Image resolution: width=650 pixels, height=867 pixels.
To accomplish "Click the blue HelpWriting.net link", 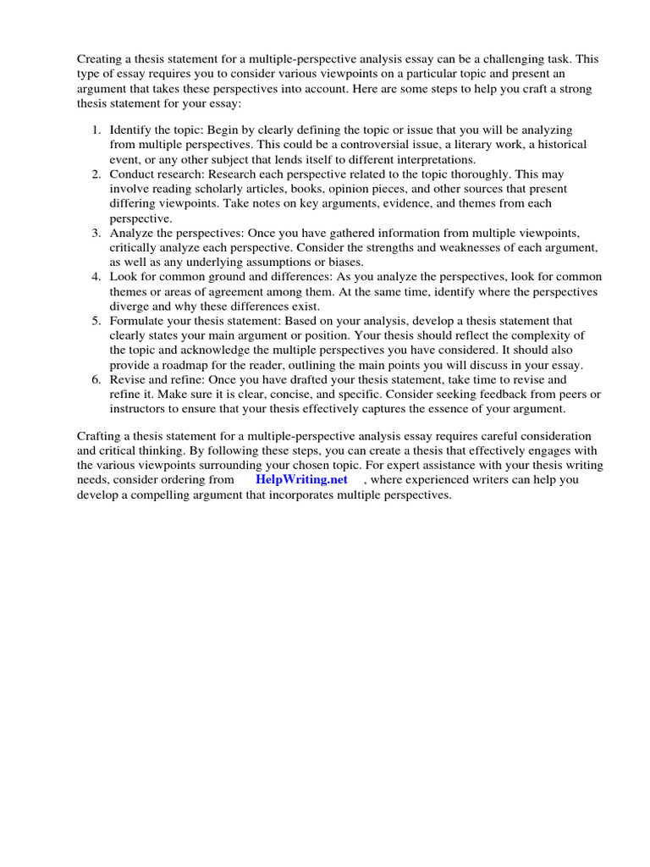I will (x=301, y=479).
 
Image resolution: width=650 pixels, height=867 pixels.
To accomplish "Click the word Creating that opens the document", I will (x=101, y=59).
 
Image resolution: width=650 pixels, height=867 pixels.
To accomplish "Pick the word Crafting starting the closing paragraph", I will (x=100, y=435).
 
